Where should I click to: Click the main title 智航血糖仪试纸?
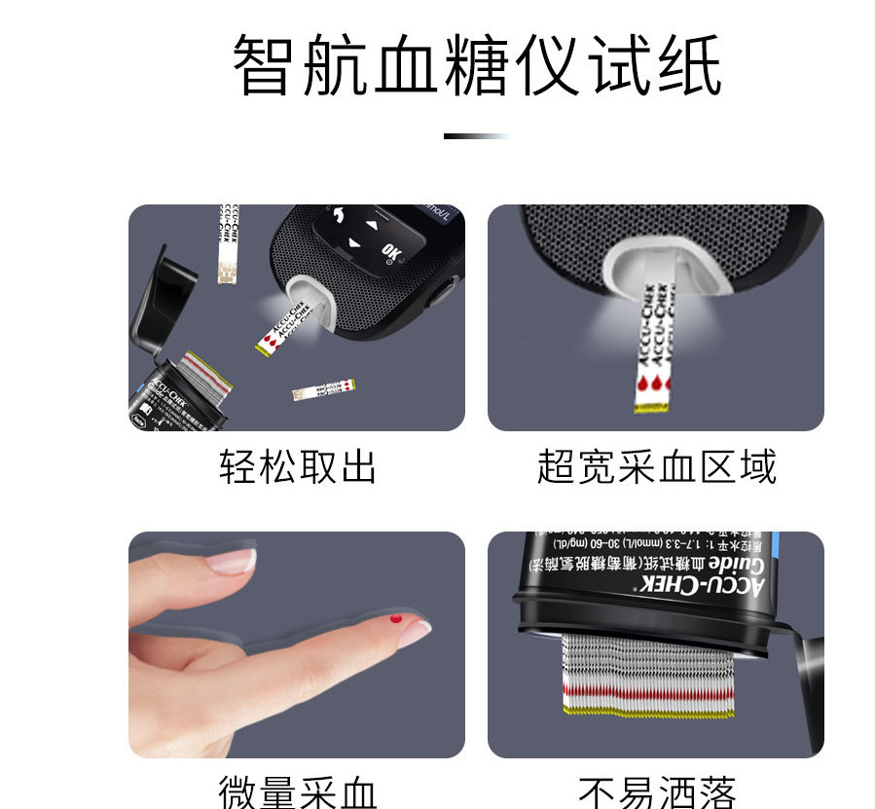pyautogui.click(x=477, y=66)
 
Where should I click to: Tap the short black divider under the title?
pyautogui.click(x=476, y=136)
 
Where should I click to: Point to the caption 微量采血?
pyautogui.click(x=297, y=791)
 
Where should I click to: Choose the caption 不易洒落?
pyautogui.click(x=656, y=791)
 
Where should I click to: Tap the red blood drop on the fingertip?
pyautogui.click(x=395, y=619)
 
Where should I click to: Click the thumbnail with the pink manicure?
pyautogui.click(x=297, y=644)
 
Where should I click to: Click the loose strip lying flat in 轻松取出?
pyautogui.click(x=323, y=390)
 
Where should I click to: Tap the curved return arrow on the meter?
pyautogui.click(x=340, y=213)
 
